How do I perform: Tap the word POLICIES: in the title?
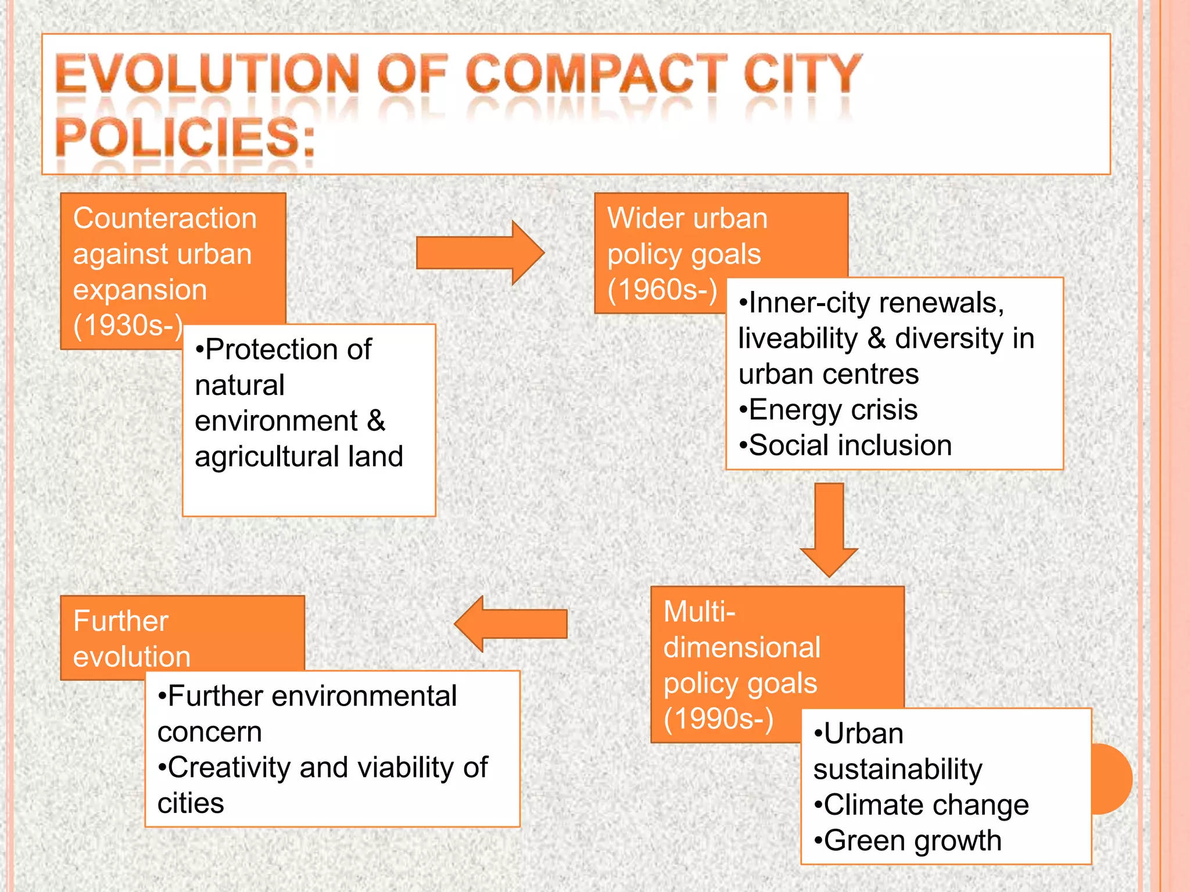coord(185,138)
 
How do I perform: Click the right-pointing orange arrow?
coord(480,253)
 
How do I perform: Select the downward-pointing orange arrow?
coord(829,528)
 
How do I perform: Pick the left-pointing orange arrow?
coord(511,624)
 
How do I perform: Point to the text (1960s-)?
coord(662,289)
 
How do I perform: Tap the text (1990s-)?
coord(719,718)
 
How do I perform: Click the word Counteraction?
coord(165,218)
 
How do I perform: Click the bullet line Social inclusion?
coord(845,445)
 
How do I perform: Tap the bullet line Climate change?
coord(922,805)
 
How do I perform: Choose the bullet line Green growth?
coord(908,840)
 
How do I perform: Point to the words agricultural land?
coord(299,456)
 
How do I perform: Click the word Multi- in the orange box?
coord(700,612)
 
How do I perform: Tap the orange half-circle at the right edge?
coord(1111,779)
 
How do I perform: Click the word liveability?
coord(798,339)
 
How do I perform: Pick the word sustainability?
coord(898,769)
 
